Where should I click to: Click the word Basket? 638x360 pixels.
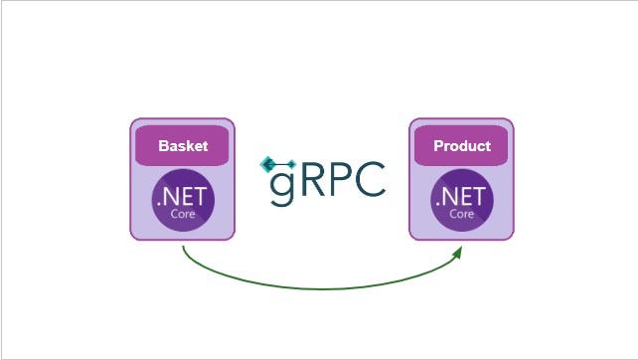point(183,146)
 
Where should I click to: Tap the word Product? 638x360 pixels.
point(462,146)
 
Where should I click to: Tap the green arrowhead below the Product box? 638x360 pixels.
point(459,251)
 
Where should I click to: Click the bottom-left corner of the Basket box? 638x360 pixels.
point(132,238)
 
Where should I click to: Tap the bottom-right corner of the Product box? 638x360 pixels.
point(512,238)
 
